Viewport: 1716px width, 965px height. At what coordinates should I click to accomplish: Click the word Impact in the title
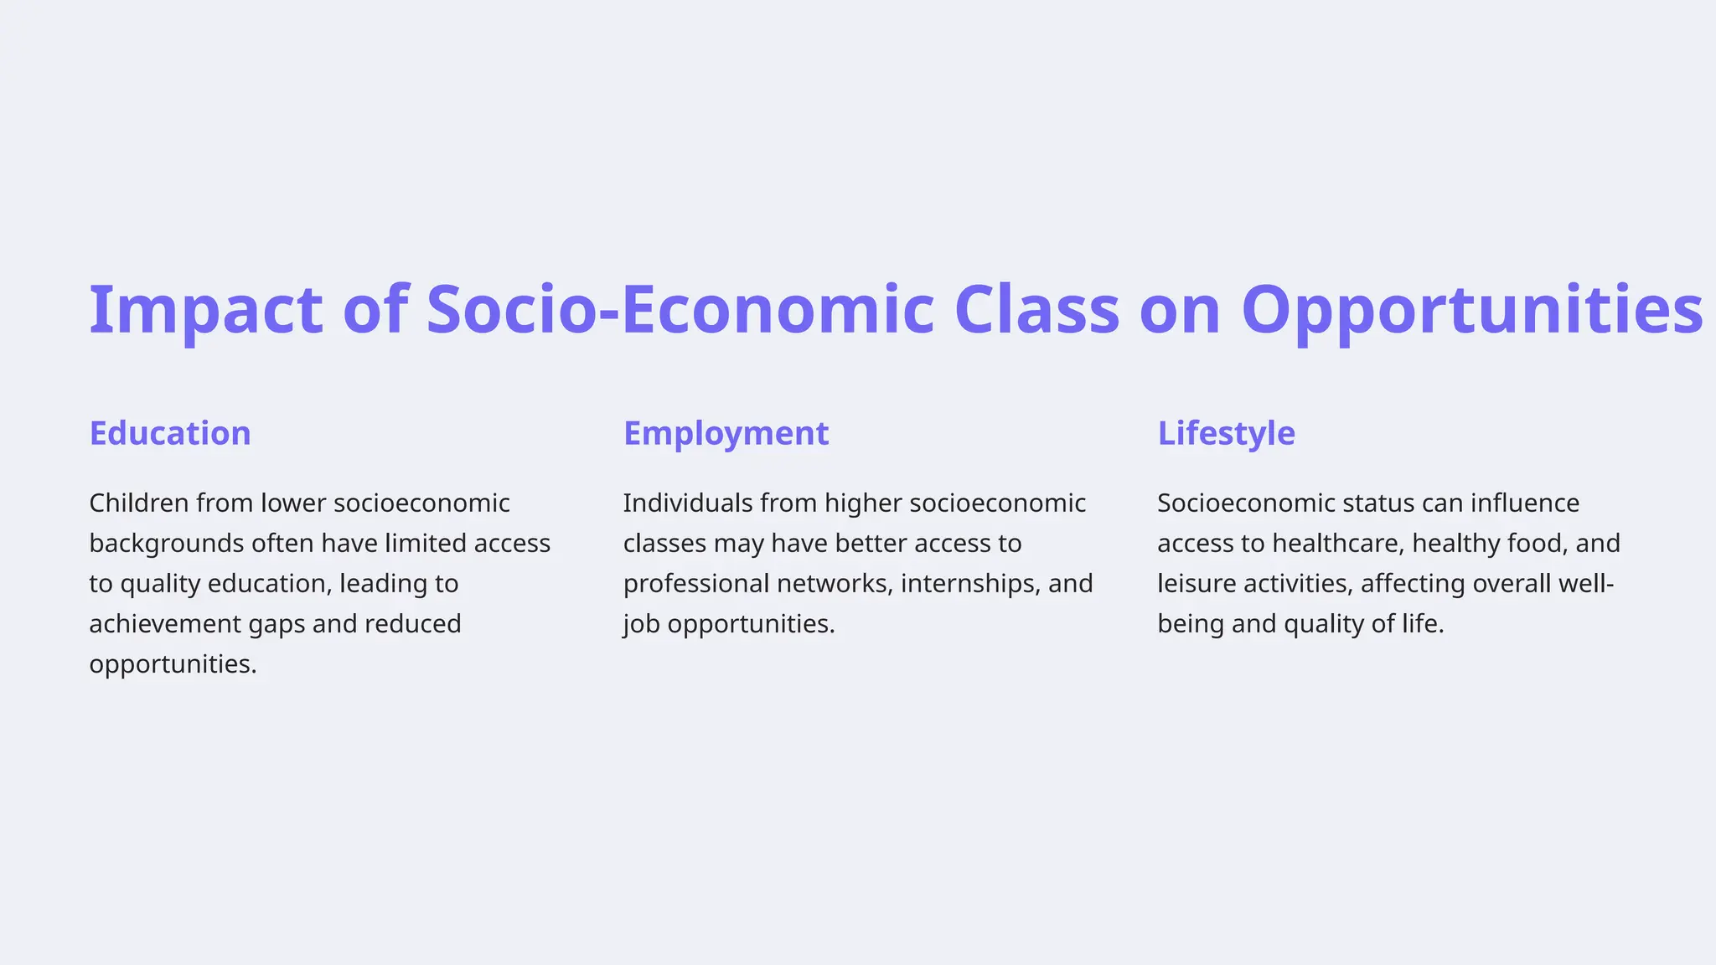(205, 310)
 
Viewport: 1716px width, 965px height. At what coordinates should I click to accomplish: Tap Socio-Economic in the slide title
(680, 310)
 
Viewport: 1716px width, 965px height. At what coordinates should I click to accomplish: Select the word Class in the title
(1036, 310)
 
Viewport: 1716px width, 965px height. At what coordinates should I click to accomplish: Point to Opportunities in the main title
(1471, 310)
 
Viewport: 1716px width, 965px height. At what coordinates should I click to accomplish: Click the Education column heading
(170, 433)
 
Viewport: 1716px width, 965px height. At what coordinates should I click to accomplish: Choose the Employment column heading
(726, 433)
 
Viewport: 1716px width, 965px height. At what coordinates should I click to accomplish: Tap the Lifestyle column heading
(1226, 433)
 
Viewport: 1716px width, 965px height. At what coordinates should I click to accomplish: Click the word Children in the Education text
(139, 503)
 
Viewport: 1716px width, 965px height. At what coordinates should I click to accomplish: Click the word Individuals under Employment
(688, 503)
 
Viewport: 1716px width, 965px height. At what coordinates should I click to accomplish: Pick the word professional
(696, 583)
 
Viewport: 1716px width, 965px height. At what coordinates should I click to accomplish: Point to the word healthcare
(1337, 543)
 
